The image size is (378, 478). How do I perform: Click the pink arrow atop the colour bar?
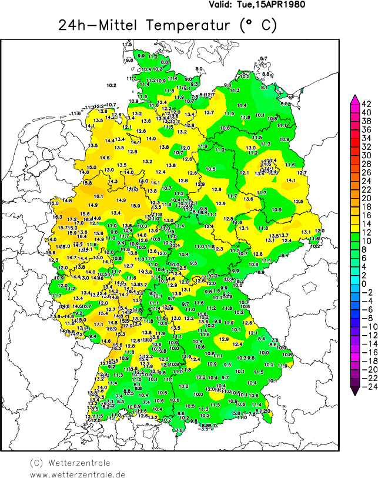[354, 98]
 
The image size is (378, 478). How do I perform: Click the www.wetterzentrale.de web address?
[78, 474]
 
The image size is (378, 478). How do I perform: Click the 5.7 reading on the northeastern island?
[263, 58]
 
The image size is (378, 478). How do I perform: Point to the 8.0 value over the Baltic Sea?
[199, 69]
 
